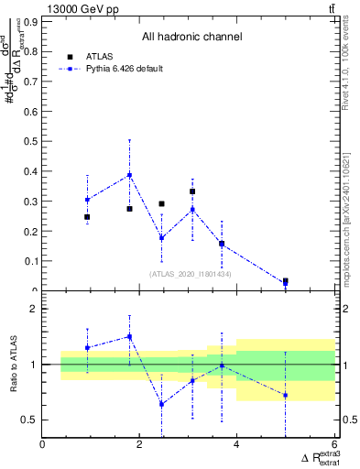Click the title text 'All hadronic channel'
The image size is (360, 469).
tap(191, 38)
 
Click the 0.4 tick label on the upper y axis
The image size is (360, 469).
tap(30, 170)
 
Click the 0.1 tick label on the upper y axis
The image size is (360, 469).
tap(30, 261)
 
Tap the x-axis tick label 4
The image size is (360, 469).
tap(236, 445)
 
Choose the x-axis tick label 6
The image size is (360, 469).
tap(333, 445)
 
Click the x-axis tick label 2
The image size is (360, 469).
tap(139, 445)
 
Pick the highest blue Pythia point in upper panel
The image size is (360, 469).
tap(130, 175)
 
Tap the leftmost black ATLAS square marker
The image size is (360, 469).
tap(87, 217)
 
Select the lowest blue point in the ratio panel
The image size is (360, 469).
tap(161, 404)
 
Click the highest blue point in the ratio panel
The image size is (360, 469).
tap(130, 336)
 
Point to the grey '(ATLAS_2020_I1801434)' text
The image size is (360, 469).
tap(190, 274)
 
